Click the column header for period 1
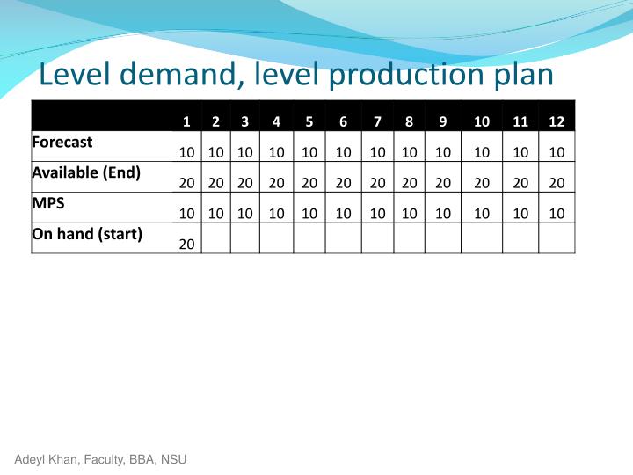click(186, 121)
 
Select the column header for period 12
click(557, 121)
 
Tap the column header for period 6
click(343, 121)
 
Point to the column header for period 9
click(442, 121)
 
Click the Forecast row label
click(62, 142)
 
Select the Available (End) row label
click(86, 172)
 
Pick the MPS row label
click(48, 203)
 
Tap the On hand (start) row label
click(87, 234)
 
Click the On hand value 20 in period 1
click(186, 244)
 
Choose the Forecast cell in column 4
click(276, 152)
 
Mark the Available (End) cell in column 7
click(377, 183)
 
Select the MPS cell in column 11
click(520, 214)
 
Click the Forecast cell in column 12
click(557, 152)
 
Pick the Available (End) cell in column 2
click(216, 183)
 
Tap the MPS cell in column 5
click(309, 214)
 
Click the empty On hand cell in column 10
click(482, 237)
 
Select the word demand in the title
click(182, 75)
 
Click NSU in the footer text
click(173, 459)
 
